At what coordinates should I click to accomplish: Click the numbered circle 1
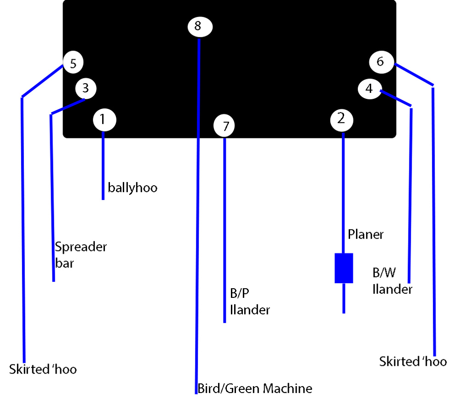tap(104, 120)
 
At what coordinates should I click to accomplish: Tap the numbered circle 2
tap(342, 119)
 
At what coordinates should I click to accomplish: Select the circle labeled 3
tap(86, 87)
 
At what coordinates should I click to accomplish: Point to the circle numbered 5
tap(73, 63)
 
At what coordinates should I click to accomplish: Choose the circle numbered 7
tap(224, 126)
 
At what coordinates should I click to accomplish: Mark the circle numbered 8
tap(200, 26)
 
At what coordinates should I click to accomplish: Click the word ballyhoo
tap(132, 188)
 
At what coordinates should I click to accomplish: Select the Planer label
tap(366, 234)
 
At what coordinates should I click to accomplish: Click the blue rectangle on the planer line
tap(344, 268)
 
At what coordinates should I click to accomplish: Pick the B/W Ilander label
tap(392, 281)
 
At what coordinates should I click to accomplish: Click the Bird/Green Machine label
tap(255, 388)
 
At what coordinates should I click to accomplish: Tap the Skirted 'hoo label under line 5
tap(43, 369)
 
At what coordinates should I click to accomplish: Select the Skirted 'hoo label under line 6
tap(413, 361)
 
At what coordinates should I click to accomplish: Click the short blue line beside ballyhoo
tap(103, 168)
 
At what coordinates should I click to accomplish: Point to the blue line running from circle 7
tap(224, 230)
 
